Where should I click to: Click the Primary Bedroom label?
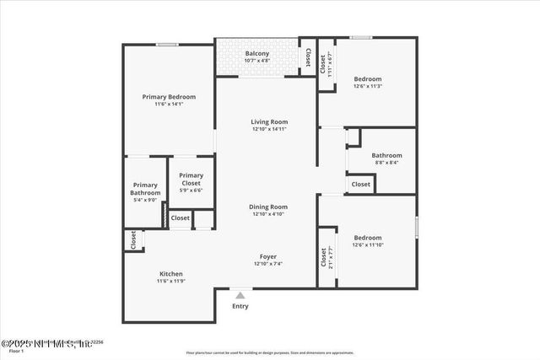coord(169,97)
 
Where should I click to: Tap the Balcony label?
coord(257,53)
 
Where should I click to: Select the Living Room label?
coord(269,121)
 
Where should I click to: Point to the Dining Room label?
coord(268,207)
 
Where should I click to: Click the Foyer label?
coord(268,256)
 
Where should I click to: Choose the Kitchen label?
coord(171,274)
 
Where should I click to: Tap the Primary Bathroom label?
coord(145,189)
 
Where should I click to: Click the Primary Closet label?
coord(191,180)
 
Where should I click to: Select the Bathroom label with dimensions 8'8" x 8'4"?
coord(386,155)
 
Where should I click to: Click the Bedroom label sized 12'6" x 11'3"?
coord(368,79)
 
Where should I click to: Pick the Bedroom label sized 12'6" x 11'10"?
coord(368,238)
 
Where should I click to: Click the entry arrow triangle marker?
coord(240,295)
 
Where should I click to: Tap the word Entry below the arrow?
coord(240,306)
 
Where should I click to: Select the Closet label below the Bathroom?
coord(360,184)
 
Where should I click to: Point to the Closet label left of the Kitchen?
coord(133,240)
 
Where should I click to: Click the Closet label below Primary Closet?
coord(181,218)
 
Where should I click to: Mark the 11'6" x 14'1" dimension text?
coord(169,104)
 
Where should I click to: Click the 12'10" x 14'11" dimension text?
coord(269,129)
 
